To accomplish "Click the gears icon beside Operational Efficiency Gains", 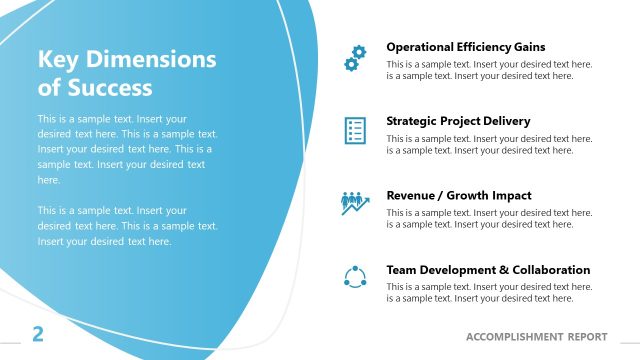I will (354, 57).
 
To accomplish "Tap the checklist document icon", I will (354, 130).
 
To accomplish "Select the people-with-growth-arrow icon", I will (354, 203).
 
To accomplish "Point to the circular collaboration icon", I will (354, 277).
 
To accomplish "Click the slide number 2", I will (38, 334).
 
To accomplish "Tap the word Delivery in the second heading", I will (508, 121).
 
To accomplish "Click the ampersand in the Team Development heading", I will (500, 270).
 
